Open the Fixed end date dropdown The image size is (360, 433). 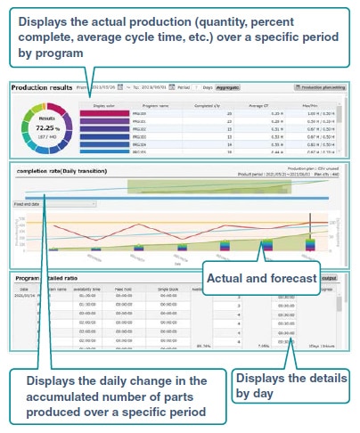(53, 203)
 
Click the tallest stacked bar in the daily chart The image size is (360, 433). (310, 241)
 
